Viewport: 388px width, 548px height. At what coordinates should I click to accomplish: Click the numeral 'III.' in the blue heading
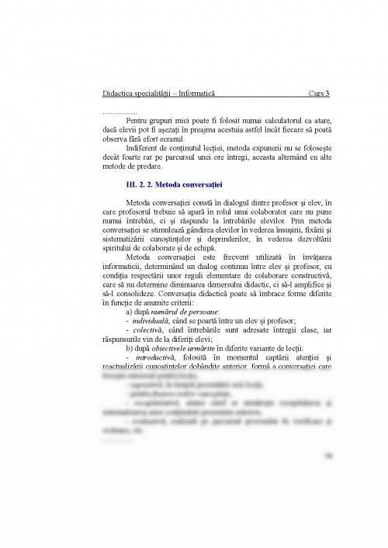click(133, 186)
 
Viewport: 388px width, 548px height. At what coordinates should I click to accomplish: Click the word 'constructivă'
click(307, 275)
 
